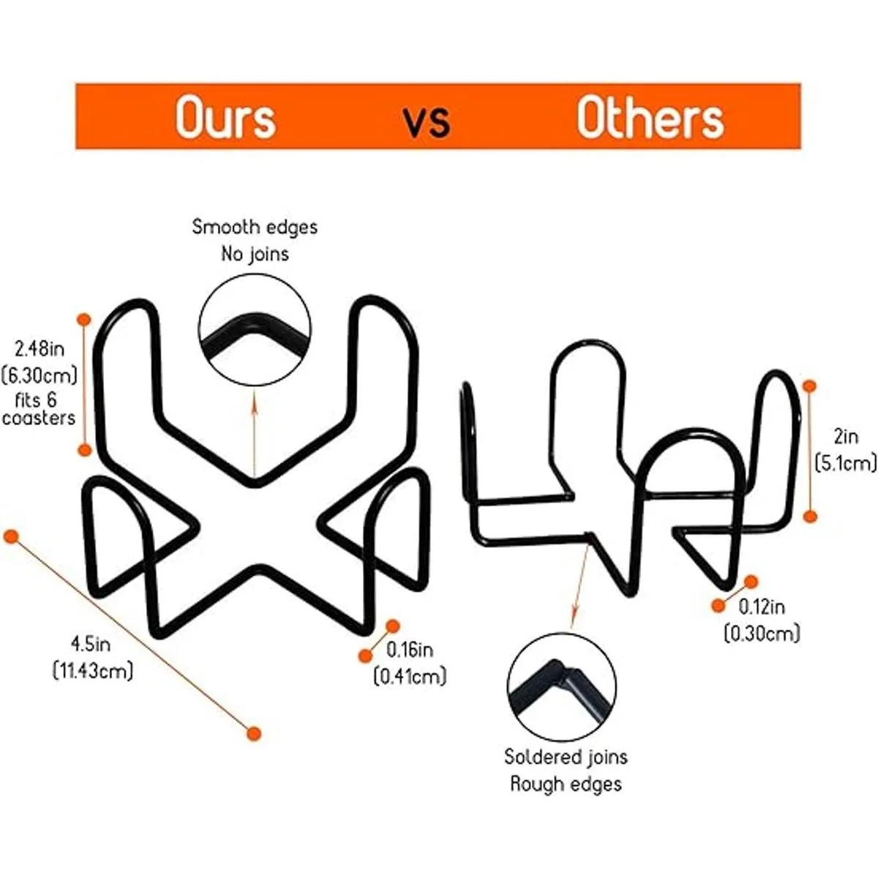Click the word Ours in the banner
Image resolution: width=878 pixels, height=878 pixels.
click(225, 117)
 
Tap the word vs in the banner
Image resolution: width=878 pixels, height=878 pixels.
click(427, 120)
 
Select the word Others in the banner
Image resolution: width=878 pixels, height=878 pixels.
click(650, 117)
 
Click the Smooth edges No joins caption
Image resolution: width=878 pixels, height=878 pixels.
click(255, 240)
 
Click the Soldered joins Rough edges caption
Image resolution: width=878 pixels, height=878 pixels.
click(566, 770)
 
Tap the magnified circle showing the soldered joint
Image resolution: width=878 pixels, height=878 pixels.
click(561, 687)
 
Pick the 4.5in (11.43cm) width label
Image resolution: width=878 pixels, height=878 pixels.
click(92, 657)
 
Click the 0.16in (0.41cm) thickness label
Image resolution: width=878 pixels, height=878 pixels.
click(410, 663)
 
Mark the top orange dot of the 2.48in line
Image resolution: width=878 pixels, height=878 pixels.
click(84, 320)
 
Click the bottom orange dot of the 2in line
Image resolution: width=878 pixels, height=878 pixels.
click(810, 517)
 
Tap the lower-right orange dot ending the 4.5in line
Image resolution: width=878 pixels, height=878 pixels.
click(254, 733)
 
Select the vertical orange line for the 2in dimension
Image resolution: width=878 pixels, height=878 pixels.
click(810, 451)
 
